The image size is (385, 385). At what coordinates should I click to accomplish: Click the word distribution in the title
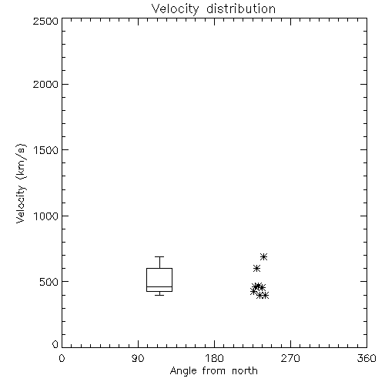[x=241, y=8]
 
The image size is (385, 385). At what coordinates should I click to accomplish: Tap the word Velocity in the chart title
[x=176, y=9]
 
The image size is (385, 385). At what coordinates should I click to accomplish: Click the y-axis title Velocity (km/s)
[x=21, y=183]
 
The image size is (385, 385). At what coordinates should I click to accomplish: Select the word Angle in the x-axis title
[x=183, y=371]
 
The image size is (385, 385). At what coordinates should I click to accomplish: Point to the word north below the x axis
[x=245, y=370]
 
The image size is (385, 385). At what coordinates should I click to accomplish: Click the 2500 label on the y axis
[x=45, y=21]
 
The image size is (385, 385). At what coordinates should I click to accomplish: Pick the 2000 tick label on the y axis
[x=45, y=84]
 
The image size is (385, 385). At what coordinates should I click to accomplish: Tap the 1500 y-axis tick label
[x=46, y=150]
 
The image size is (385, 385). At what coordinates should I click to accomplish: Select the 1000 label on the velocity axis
[x=46, y=216]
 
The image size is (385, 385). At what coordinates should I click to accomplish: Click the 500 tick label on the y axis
[x=49, y=282]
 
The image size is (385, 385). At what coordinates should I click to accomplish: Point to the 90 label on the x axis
[x=138, y=358]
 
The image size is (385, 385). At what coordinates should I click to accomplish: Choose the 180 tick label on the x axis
[x=214, y=358]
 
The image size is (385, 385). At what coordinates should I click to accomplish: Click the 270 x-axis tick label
[x=290, y=358]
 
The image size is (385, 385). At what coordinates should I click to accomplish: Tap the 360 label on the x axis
[x=367, y=358]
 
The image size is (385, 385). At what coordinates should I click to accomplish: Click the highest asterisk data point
[x=263, y=256]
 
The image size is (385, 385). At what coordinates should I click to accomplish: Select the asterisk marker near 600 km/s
[x=256, y=269]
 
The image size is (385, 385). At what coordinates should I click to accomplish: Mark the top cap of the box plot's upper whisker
[x=159, y=256]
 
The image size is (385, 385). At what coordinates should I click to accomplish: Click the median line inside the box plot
[x=159, y=286]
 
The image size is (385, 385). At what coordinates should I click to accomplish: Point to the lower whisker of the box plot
[x=159, y=293]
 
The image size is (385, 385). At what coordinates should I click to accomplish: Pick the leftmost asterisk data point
[x=253, y=291]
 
